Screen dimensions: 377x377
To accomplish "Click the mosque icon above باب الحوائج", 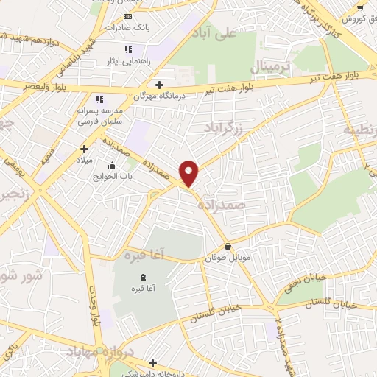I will coord(111,165).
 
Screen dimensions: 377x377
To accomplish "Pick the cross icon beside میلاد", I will coord(84,149).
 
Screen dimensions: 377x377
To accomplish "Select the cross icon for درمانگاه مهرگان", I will coord(159,85).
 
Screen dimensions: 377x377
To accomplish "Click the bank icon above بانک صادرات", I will coord(128,15).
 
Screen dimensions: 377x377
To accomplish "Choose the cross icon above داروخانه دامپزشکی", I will coord(152,362).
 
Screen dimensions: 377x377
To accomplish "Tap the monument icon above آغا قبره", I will coord(143,277).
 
